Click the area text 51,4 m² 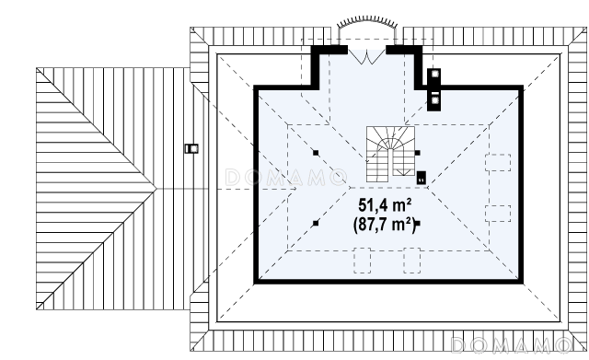[x=385, y=205]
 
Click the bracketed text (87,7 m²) [x=385, y=225]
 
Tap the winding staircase [x=390, y=154]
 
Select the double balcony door [x=366, y=56]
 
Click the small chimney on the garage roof [x=191, y=149]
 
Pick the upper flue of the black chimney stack [x=434, y=74]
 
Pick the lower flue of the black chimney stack [x=435, y=100]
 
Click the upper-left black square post [x=316, y=153]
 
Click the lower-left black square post [x=316, y=223]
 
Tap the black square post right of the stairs [x=417, y=153]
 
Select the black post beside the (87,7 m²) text [x=417, y=223]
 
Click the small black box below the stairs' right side [x=422, y=178]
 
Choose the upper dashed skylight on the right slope [x=498, y=162]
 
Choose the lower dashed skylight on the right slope [x=498, y=214]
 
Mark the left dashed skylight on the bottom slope [x=362, y=260]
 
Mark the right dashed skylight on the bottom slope [x=412, y=260]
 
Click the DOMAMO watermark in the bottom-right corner [x=511, y=345]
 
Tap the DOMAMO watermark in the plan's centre [x=286, y=178]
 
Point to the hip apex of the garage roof [x=156, y=188]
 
